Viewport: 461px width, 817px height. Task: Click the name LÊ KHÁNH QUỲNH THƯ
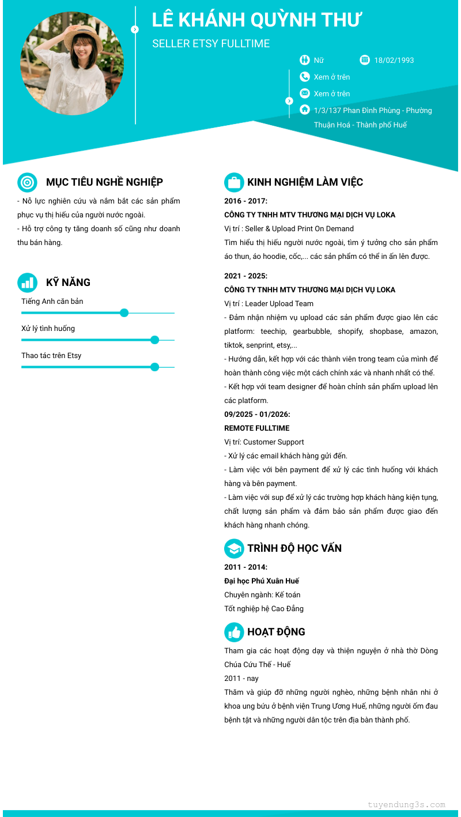[x=256, y=20]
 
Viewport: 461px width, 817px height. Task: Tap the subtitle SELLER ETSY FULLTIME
[x=211, y=44]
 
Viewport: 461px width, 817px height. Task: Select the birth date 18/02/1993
[x=394, y=60]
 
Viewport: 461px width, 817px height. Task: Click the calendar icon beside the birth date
[x=365, y=60]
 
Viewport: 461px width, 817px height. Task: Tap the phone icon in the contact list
[x=305, y=77]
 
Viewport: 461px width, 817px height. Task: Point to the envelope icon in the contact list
[x=305, y=93]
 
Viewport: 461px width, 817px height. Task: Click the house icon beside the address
[x=305, y=110]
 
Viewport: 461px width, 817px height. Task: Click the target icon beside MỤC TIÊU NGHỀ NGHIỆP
[x=27, y=182]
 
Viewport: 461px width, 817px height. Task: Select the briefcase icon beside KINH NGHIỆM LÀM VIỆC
[x=234, y=182]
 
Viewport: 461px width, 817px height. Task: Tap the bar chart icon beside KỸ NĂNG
[x=27, y=283]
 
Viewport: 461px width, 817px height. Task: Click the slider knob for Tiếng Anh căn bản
[x=124, y=313]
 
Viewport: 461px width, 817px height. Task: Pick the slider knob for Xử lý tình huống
[x=154, y=340]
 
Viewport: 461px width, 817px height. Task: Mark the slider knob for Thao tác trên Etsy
[x=154, y=367]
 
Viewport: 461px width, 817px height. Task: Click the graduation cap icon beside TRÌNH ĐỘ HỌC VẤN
[x=234, y=548]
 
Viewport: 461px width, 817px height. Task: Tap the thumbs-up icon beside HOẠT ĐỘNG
[x=234, y=632]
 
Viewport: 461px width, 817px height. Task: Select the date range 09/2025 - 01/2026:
[x=257, y=415]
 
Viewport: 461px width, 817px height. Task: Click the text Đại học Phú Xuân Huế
[x=262, y=581]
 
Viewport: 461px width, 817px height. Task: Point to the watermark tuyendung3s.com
[x=406, y=805]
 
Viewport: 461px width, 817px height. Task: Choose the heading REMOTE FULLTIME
[x=257, y=428]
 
